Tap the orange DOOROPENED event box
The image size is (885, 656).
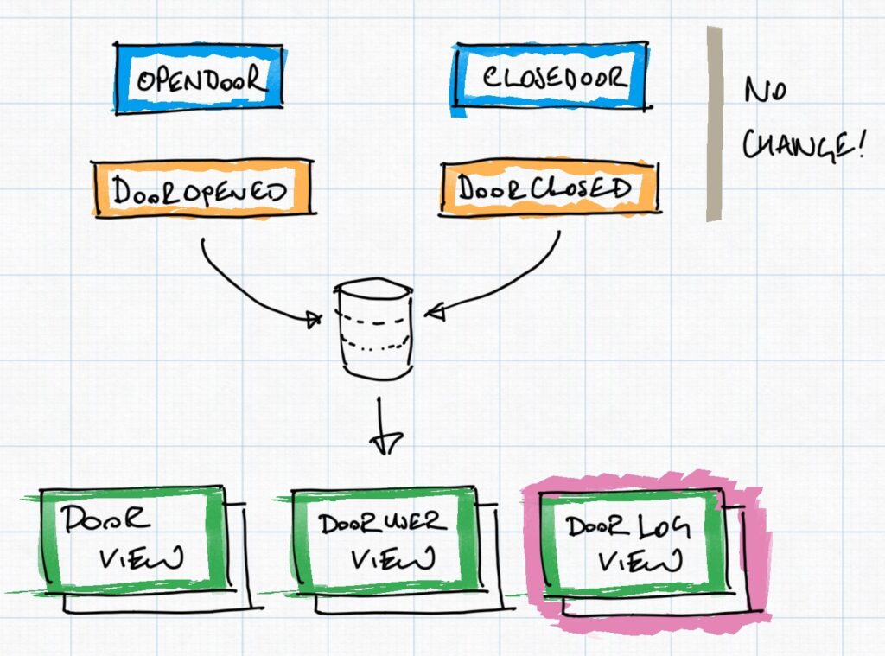point(201,190)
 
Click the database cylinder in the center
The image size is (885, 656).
point(373,328)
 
